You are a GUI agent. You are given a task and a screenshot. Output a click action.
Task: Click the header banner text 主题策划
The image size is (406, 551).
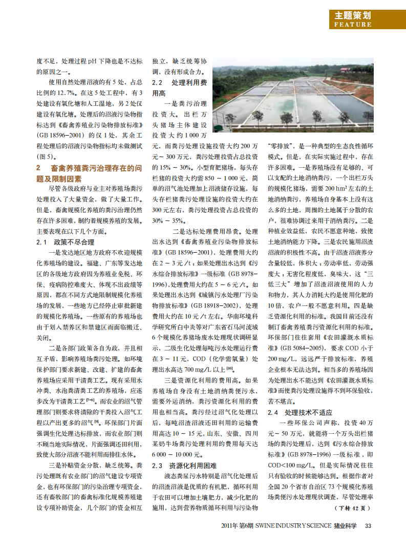pyautogui.click(x=353, y=15)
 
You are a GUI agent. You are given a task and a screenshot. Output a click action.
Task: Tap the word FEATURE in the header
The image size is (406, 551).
pyautogui.click(x=353, y=24)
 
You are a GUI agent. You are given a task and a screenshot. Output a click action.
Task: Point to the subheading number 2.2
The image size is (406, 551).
pyautogui.click(x=158, y=82)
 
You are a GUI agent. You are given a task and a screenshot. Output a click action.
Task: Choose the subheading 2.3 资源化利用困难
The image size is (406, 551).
pyautogui.click(x=184, y=466)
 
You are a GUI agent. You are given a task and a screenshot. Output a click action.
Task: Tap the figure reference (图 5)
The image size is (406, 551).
pyautogui.click(x=45, y=156)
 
